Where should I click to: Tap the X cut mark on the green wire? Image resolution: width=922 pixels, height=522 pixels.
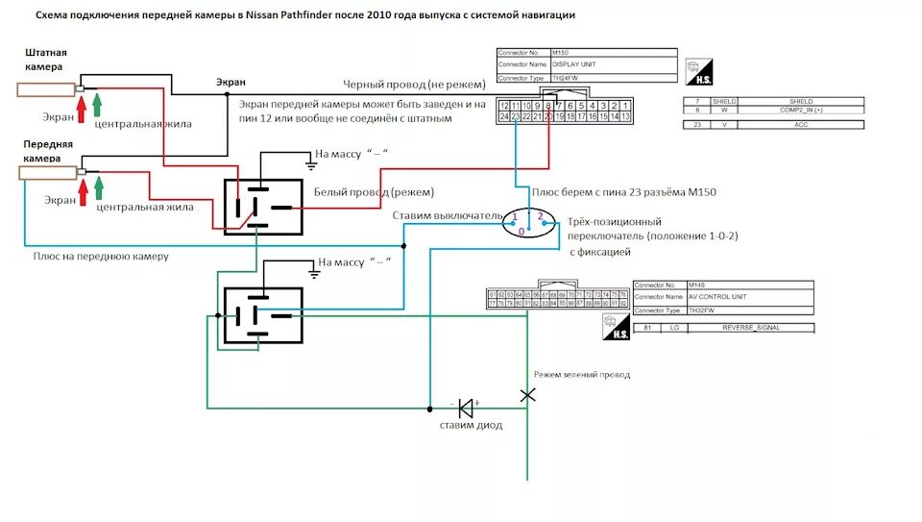pyautogui.click(x=527, y=394)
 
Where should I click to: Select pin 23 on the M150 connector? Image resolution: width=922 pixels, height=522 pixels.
pyautogui.click(x=516, y=116)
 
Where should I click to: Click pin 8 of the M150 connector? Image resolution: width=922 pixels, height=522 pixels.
pyautogui.click(x=548, y=105)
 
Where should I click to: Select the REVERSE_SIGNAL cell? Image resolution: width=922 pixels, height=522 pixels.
pyautogui.click(x=754, y=329)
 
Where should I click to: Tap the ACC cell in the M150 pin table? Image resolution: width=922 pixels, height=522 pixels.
pyautogui.click(x=800, y=124)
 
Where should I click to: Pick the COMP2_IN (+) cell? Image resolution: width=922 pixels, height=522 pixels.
pyautogui.click(x=800, y=111)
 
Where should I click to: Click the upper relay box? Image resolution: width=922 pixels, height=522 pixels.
pyautogui.click(x=263, y=207)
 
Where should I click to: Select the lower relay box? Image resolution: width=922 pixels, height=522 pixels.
pyautogui.click(x=263, y=314)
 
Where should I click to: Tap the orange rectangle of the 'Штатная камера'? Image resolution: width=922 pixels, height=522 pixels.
pyautogui.click(x=45, y=89)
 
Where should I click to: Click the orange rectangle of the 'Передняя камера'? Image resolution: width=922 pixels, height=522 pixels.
pyautogui.click(x=46, y=172)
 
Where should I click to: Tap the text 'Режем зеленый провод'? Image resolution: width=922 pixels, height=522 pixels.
pyautogui.click(x=582, y=374)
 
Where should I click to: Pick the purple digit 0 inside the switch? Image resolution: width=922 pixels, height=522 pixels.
pyautogui.click(x=522, y=232)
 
